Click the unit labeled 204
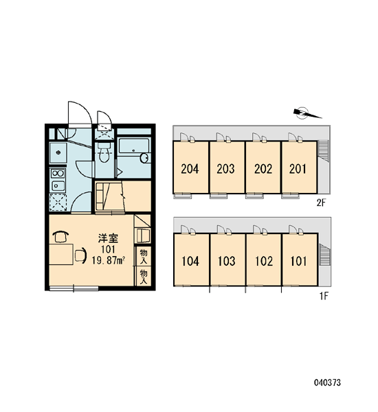point(190,169)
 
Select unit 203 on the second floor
point(225,169)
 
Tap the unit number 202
point(263,169)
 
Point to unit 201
point(298,169)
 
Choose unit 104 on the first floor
point(190,261)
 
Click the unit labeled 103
point(227,261)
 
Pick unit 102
point(264,261)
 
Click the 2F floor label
point(321,203)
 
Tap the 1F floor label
point(324,296)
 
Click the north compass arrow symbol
point(307,113)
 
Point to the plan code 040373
point(327,382)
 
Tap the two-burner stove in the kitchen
point(58,174)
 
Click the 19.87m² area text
point(108,260)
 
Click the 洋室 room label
point(108,238)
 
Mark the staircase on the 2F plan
point(324,150)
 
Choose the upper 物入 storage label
point(144,256)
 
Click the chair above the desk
point(60,236)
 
